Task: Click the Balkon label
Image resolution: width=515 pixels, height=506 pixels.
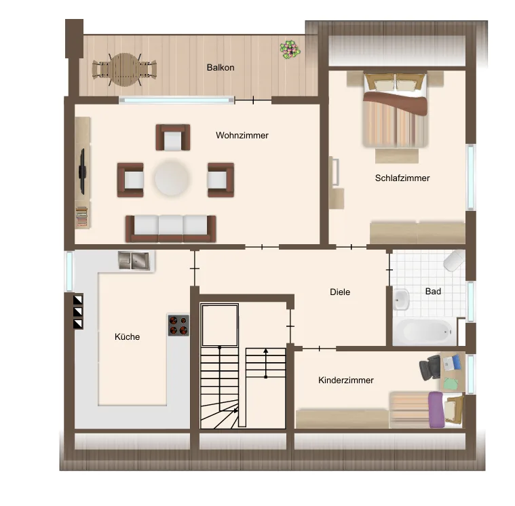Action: (x=221, y=67)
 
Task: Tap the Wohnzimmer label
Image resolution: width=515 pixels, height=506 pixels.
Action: (x=242, y=135)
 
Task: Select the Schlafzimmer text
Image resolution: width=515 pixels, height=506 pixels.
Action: (x=402, y=178)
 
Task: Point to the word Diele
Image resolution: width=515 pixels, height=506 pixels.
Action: (x=340, y=292)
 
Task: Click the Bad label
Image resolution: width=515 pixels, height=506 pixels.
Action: (x=433, y=291)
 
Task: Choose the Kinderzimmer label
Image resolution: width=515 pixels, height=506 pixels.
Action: (x=346, y=381)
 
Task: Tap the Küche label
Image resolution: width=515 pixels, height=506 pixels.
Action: (x=127, y=336)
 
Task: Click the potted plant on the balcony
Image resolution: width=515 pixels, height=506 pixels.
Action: (x=290, y=50)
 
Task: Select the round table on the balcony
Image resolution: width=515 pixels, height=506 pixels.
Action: (x=125, y=70)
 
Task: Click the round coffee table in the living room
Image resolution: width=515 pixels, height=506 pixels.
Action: (x=172, y=178)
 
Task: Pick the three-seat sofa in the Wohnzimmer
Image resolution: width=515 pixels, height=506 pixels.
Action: (x=170, y=229)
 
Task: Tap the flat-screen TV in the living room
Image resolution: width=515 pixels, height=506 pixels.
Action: (x=82, y=172)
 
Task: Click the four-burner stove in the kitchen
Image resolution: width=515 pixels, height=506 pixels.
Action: (x=178, y=325)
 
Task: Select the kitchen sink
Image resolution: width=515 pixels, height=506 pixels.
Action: (x=134, y=260)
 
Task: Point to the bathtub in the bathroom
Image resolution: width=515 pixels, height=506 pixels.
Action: (x=424, y=331)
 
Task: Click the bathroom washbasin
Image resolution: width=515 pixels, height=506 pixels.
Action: (x=401, y=300)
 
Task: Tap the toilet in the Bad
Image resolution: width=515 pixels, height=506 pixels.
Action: (x=455, y=260)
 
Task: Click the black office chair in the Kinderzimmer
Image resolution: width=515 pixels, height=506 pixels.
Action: (x=430, y=368)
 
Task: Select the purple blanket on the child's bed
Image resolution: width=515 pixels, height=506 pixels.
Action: (x=436, y=410)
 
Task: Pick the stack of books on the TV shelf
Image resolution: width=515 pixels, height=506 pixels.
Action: (x=82, y=216)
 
